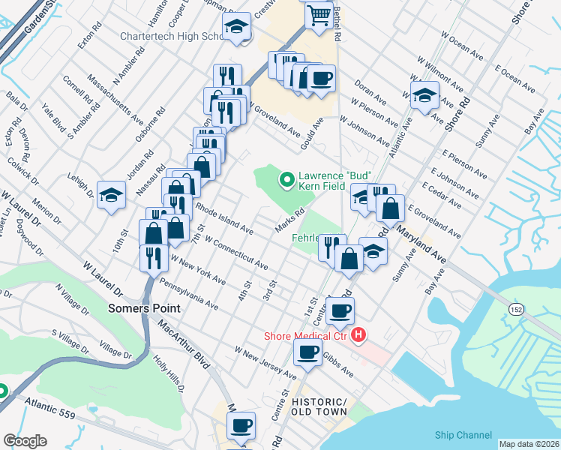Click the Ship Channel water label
tap(463, 435)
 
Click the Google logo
tap(25, 440)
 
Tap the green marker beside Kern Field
tap(286, 179)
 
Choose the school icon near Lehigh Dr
tap(111, 195)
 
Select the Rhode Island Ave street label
tap(224, 216)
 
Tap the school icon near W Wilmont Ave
tap(424, 95)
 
